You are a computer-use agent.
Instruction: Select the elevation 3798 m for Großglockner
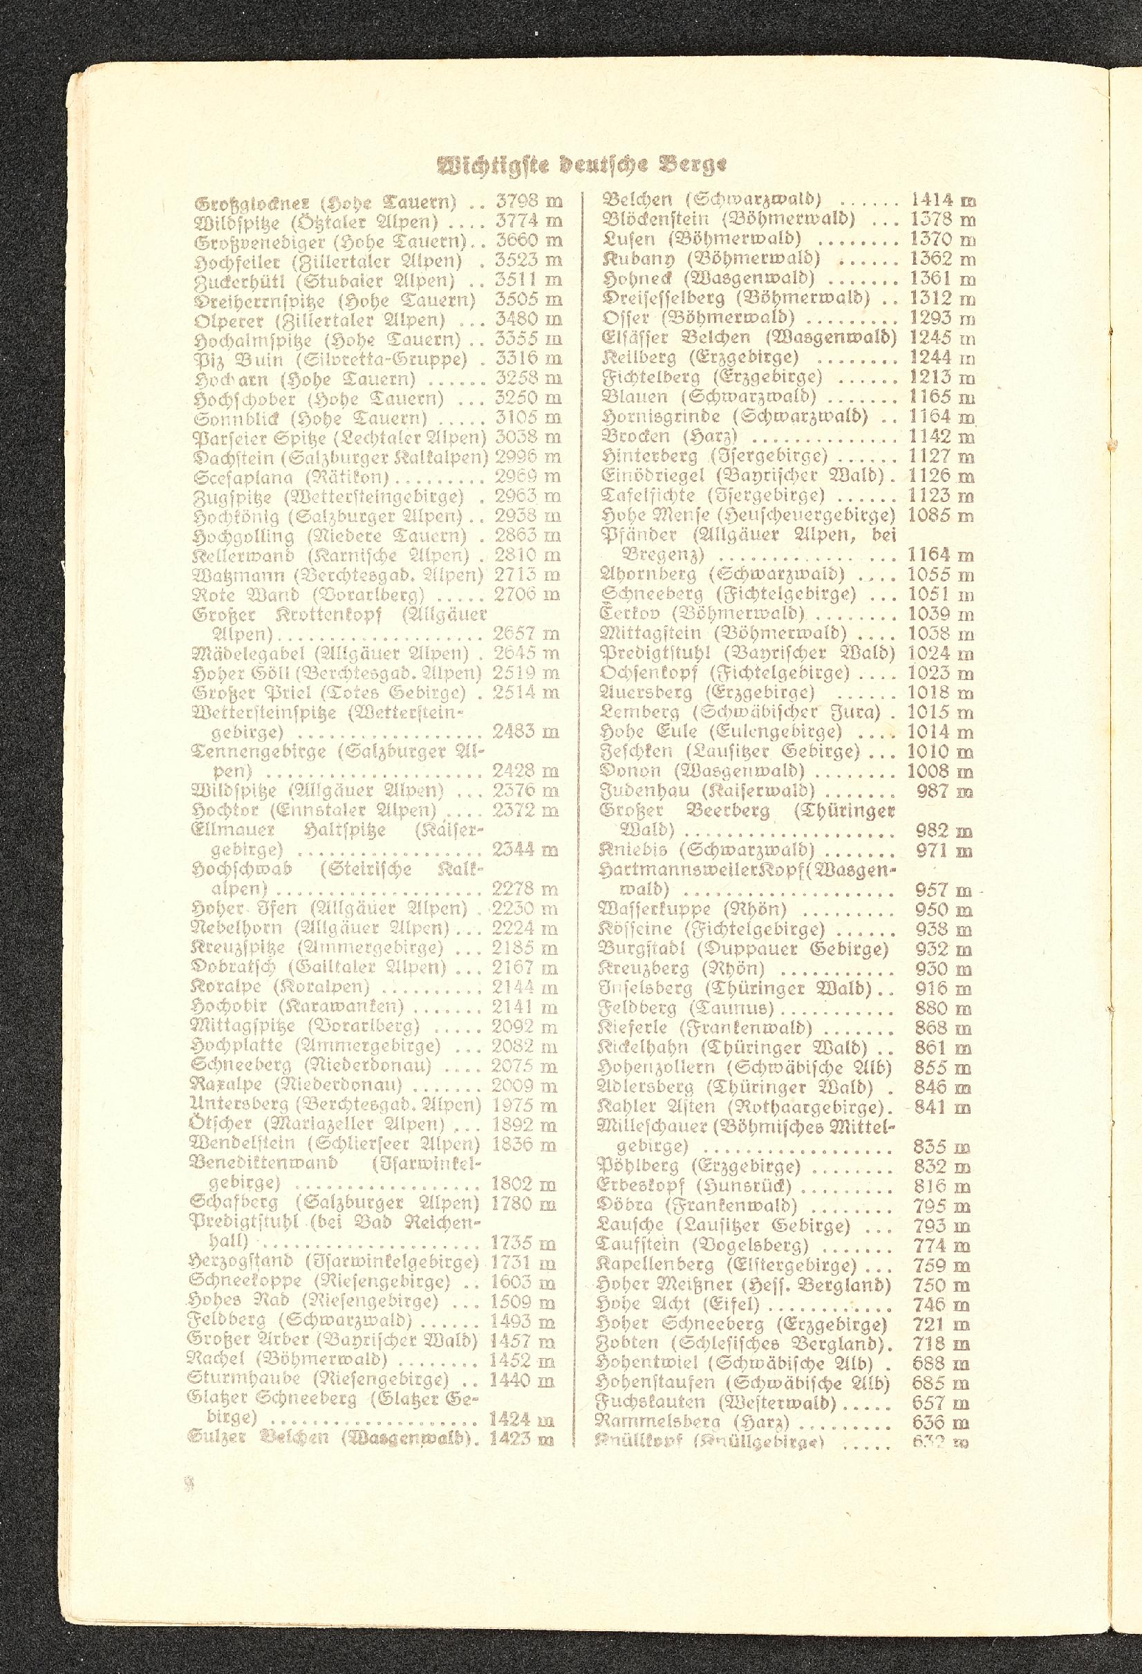point(529,201)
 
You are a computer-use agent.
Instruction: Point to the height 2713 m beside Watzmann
point(526,575)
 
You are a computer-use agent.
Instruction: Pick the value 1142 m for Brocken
point(942,436)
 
